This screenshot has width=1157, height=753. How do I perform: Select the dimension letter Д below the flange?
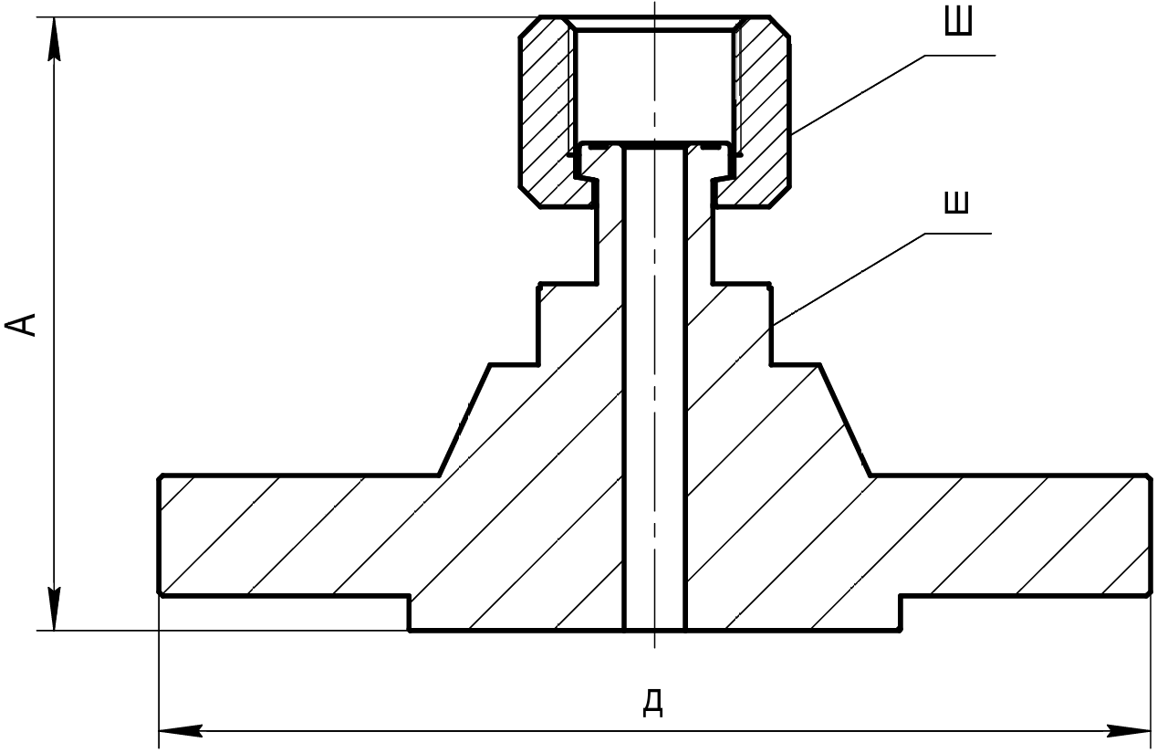tap(653, 703)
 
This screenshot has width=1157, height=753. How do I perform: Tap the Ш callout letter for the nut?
tap(958, 21)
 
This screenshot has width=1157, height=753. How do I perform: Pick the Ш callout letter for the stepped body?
tap(956, 202)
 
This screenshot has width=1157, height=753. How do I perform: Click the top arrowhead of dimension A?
tap(54, 38)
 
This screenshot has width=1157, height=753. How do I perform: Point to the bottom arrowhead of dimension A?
tap(54, 609)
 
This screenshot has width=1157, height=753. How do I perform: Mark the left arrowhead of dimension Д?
tap(181, 731)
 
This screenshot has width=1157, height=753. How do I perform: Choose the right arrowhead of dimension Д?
tap(1129, 731)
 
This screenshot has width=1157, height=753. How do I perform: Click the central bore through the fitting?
tap(655, 388)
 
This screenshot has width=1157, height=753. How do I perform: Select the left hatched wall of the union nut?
tap(545, 111)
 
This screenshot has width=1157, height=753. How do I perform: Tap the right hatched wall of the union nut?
tap(765, 111)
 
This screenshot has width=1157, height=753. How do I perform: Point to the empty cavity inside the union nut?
tap(654, 85)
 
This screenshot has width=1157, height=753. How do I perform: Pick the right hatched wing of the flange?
tap(1013, 535)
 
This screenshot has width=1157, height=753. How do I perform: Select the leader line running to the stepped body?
tap(881, 279)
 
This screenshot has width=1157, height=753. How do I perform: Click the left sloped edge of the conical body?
tap(464, 420)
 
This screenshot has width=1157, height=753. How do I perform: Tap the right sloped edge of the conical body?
tap(845, 420)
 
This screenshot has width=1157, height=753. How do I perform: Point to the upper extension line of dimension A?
tap(287, 17)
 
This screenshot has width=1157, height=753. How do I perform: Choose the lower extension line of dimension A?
tap(223, 631)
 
